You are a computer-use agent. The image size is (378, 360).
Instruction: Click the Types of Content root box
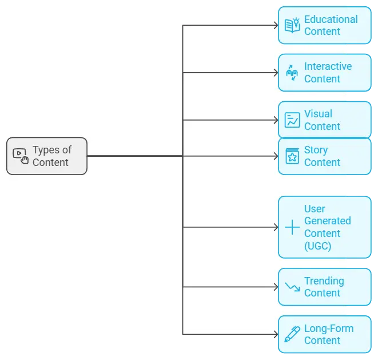[47, 156]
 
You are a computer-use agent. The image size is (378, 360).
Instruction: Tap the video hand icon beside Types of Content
[20, 156]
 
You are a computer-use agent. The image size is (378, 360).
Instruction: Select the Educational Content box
[324, 25]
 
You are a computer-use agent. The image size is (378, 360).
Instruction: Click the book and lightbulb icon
[292, 25]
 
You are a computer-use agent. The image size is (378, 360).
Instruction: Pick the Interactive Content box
[324, 73]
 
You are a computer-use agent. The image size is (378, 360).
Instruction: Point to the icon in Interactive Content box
[292, 73]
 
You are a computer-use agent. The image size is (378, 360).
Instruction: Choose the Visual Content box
[324, 120]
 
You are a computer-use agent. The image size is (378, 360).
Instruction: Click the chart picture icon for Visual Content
[292, 120]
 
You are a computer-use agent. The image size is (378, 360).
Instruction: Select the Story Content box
[324, 156]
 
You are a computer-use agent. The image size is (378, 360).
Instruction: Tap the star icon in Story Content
[292, 156]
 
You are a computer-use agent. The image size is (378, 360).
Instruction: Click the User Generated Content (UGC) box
[324, 227]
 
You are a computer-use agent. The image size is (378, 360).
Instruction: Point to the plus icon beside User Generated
[292, 227]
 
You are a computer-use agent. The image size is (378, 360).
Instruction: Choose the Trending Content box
[324, 287]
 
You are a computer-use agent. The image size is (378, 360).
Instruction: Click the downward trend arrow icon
[292, 287]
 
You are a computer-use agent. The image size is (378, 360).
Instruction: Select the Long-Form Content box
[324, 334]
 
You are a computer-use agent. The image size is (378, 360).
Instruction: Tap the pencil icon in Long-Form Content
[292, 334]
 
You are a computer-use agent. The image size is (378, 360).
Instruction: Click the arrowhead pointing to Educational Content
[274, 26]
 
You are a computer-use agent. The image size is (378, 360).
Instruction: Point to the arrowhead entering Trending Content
[274, 287]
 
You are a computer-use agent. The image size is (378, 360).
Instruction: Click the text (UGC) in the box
[317, 246]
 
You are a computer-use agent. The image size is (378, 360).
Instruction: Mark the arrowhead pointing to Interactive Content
[274, 73]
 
